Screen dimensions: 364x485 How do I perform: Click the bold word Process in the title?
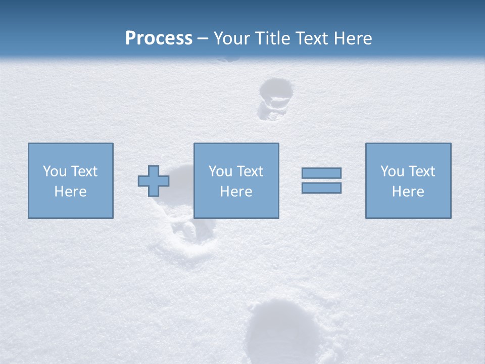tap(159, 38)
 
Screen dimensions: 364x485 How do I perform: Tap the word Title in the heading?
tap(273, 38)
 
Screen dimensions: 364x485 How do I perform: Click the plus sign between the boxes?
tap(154, 181)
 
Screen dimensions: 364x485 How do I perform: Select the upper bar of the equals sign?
tap(321, 173)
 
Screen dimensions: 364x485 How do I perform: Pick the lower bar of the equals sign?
tap(321, 188)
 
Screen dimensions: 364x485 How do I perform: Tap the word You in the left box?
tap(55, 171)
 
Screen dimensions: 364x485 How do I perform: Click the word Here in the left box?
tap(70, 192)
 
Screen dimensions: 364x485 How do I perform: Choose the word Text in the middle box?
tap(249, 171)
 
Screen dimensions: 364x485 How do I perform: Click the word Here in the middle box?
tap(236, 192)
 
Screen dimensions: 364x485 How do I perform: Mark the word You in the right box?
tap(392, 171)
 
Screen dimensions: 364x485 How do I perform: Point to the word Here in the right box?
tap(408, 192)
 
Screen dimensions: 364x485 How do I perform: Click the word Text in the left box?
tap(83, 171)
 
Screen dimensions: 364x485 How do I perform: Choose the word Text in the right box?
tap(421, 171)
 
